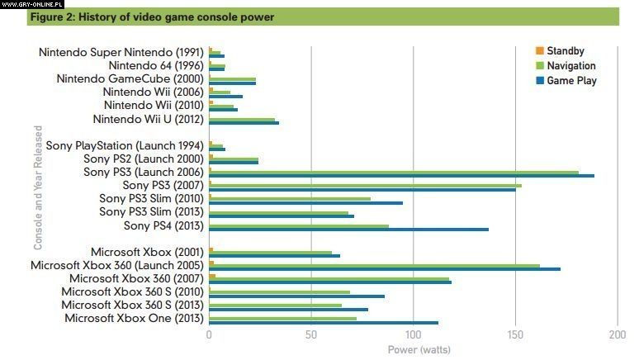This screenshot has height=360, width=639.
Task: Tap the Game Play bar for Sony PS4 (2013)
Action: tap(348, 229)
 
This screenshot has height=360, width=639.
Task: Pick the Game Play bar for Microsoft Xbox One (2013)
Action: tap(324, 323)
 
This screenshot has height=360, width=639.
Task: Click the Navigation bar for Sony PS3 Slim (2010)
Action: tap(290, 198)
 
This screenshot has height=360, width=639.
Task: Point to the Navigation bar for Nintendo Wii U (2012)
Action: tap(242, 119)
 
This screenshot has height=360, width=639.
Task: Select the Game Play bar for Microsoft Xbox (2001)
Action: tap(275, 256)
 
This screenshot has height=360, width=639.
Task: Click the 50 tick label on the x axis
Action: tap(311, 334)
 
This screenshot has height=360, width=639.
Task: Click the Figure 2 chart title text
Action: tap(151, 17)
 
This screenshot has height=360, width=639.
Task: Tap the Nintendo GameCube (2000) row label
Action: tap(130, 79)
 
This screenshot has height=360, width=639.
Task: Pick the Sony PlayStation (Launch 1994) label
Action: tap(125, 146)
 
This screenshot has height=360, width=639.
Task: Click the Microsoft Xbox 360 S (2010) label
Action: tap(132, 292)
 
